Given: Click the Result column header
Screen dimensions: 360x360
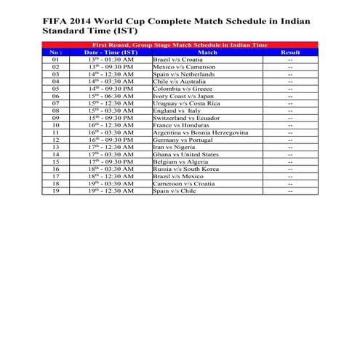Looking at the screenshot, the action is point(289,52).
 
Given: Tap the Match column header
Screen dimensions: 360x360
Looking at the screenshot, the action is point(207,52).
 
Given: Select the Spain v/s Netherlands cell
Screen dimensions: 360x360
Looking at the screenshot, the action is point(183,73).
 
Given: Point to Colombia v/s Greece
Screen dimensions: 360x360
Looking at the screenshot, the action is point(178,89).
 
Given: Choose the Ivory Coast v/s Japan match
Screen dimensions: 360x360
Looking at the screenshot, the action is point(182,96).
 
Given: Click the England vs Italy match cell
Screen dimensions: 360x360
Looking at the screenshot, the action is point(177,111).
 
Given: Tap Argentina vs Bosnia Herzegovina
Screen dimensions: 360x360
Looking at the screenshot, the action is point(200,132).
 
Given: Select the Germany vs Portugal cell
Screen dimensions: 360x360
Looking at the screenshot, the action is point(181,140).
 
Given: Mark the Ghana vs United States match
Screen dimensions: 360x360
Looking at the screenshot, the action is point(185,154).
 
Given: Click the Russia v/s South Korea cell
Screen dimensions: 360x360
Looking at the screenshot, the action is point(185,169).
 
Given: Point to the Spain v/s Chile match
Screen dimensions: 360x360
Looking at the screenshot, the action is point(175,191).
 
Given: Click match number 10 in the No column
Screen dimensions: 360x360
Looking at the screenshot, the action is point(56,125).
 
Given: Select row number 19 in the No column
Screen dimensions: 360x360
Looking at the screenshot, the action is point(56,191).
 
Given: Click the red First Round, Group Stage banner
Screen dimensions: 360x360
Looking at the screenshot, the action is point(180,45).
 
